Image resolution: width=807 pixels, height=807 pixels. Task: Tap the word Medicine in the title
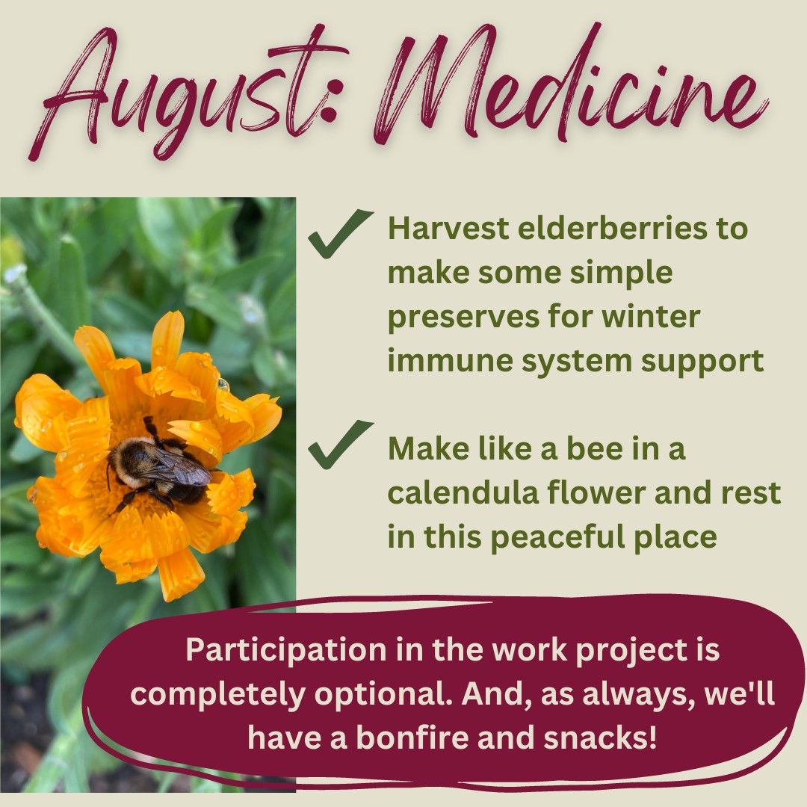click(572, 82)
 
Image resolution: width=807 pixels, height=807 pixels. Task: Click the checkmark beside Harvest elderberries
click(340, 233)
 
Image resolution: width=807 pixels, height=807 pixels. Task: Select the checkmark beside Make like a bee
click(340, 444)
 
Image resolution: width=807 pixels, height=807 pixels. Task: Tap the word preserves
click(463, 318)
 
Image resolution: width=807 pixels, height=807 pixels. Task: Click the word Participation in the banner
click(286, 651)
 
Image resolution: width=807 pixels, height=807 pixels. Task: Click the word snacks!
click(600, 737)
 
